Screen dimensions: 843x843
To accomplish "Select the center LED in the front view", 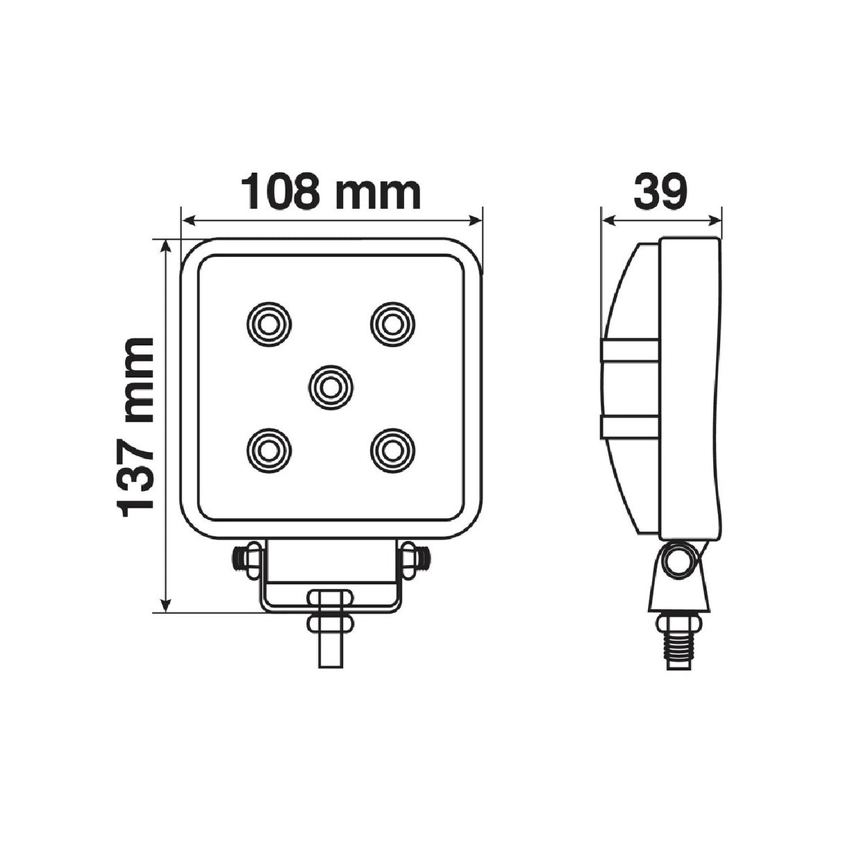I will click(x=331, y=387).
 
